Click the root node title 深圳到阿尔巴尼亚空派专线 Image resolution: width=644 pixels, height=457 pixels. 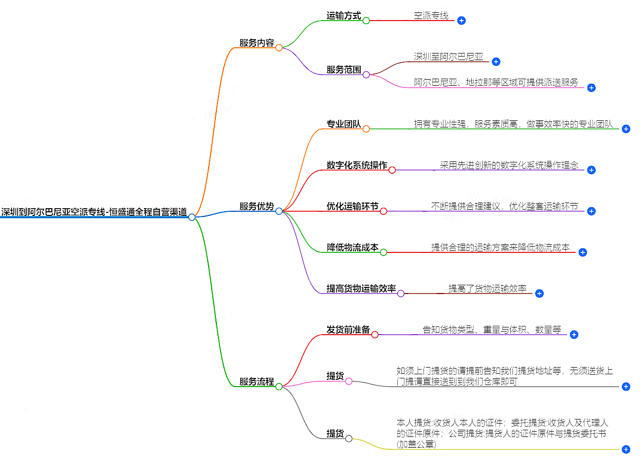[x=94, y=212]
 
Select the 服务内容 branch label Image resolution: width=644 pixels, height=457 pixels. [x=256, y=43]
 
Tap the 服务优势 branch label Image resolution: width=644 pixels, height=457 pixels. [x=256, y=206]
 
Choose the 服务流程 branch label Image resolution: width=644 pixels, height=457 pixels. [x=256, y=381]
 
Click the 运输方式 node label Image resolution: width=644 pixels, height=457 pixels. [x=344, y=15]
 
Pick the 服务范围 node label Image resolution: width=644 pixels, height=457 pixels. [x=344, y=69]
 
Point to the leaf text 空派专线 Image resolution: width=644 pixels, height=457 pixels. [x=431, y=15]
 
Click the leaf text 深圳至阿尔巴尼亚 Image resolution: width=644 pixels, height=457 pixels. [x=449, y=57]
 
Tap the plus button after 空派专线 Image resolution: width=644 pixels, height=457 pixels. [x=462, y=21]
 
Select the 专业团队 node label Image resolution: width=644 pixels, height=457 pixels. [x=344, y=124]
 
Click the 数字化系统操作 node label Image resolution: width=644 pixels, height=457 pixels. [x=357, y=165]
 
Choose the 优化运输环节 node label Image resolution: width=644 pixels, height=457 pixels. [x=353, y=206]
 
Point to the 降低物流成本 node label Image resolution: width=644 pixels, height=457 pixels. [x=353, y=247]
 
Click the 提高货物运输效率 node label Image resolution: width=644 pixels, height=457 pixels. [x=361, y=288]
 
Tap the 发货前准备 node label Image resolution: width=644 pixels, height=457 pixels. [x=348, y=330]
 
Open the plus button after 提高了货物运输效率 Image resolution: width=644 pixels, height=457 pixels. [x=539, y=294]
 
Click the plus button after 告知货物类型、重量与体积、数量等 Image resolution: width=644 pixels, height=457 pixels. [x=574, y=335]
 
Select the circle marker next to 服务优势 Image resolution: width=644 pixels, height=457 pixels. [x=279, y=211]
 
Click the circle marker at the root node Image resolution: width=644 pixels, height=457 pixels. [x=192, y=217]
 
